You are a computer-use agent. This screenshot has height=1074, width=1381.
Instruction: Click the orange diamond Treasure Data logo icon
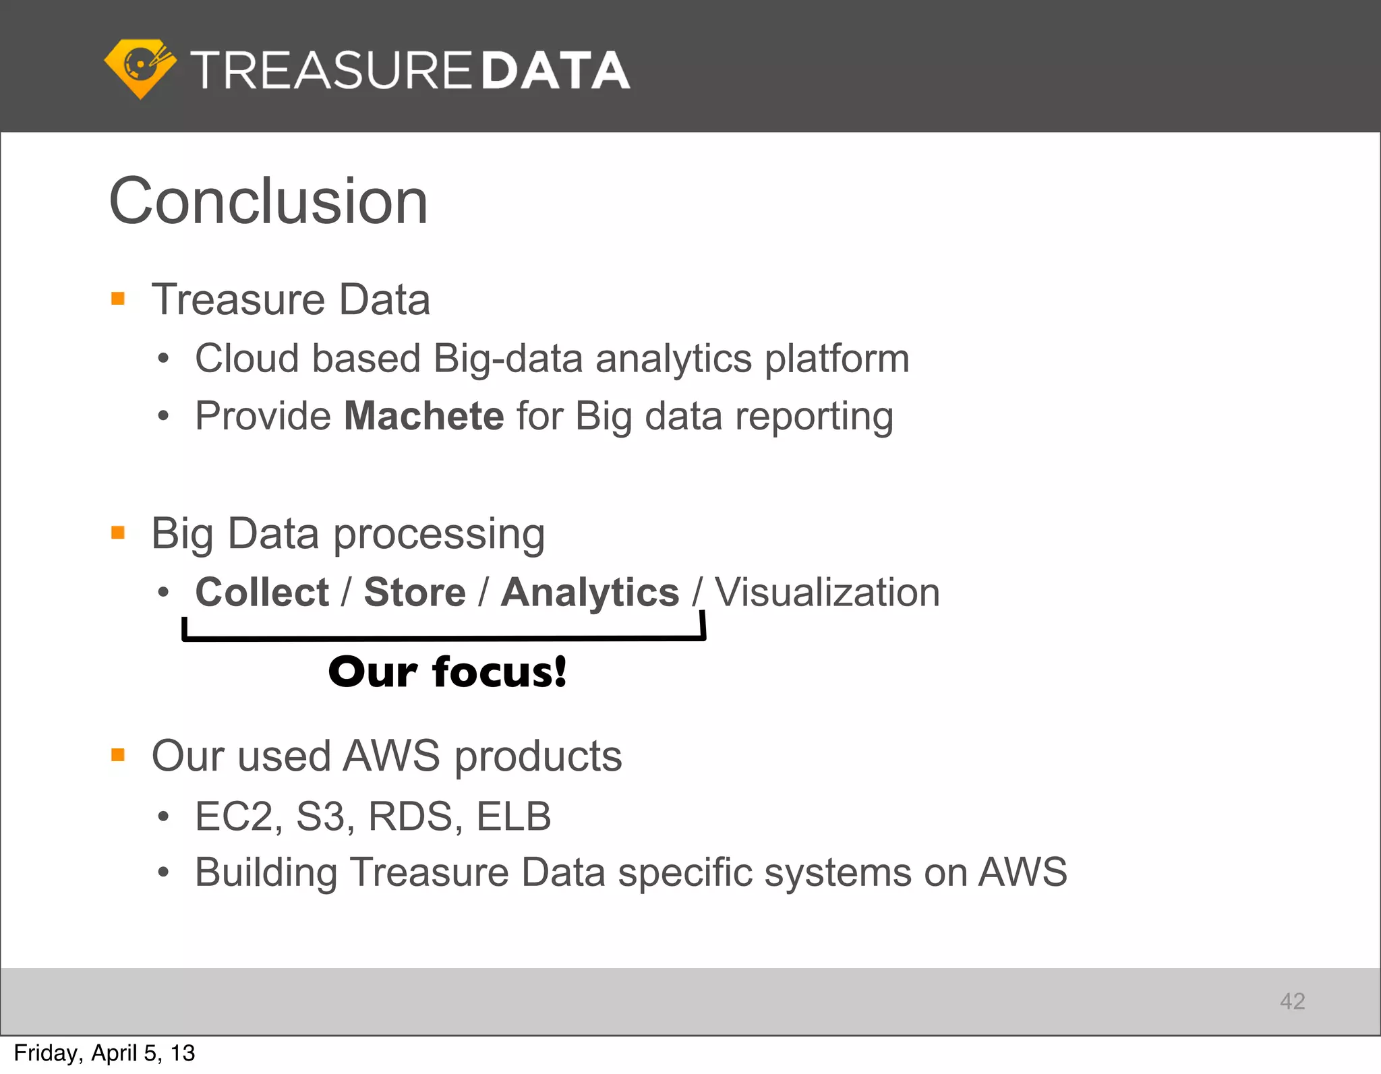140,69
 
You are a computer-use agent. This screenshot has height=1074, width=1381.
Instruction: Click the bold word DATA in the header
556,71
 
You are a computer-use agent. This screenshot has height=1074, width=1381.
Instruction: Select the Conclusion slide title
268,201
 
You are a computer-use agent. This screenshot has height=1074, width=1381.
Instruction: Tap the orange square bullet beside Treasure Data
118,298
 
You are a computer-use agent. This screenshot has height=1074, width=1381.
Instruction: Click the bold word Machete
423,415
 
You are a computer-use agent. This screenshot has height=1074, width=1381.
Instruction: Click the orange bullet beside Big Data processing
118,533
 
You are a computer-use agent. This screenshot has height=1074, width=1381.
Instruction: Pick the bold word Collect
262,592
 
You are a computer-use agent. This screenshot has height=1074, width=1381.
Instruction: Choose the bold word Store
415,592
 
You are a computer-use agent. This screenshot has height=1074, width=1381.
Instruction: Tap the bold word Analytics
590,592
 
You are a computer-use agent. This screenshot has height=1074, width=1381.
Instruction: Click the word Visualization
827,592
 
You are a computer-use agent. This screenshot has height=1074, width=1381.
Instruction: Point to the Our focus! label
447,672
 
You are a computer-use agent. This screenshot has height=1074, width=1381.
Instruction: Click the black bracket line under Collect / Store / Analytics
444,637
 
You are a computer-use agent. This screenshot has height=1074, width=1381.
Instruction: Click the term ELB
514,816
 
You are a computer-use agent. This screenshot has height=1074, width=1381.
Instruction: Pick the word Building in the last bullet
266,872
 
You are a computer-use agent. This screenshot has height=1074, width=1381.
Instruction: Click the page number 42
1292,1001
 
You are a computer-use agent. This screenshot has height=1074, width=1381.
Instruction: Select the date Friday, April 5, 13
105,1053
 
